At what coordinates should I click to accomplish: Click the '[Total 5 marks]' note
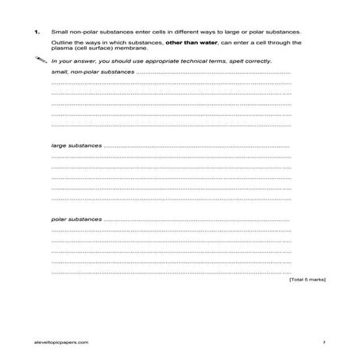307,280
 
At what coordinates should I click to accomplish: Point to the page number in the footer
324,340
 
